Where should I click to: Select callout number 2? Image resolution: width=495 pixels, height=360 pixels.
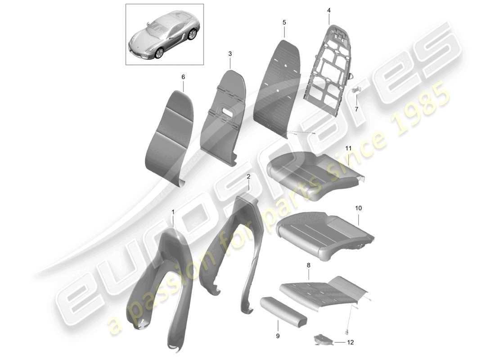pyautogui.click(x=248, y=177)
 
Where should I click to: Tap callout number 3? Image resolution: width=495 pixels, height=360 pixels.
pyautogui.click(x=230, y=54)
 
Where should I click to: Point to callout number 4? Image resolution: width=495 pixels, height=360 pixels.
pyautogui.click(x=328, y=10)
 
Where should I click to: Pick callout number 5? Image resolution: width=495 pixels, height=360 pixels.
pyautogui.click(x=284, y=22)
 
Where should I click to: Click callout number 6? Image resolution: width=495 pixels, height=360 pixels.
pyautogui.click(x=183, y=77)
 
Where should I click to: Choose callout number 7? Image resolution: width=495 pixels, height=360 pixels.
pyautogui.click(x=356, y=109)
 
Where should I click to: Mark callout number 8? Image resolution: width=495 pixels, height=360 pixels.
pyautogui.click(x=308, y=266)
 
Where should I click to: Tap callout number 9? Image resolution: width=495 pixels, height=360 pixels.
pyautogui.click(x=278, y=336)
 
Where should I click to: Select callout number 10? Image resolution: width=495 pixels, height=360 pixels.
pyautogui.click(x=358, y=208)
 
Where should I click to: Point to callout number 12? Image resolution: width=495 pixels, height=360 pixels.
pyautogui.click(x=351, y=342)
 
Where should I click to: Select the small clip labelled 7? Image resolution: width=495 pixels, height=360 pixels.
pyautogui.click(x=357, y=90)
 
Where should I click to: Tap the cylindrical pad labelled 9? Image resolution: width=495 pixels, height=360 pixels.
pyautogui.click(x=283, y=310)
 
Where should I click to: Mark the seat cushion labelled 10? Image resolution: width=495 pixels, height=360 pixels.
pyautogui.click(x=324, y=232)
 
